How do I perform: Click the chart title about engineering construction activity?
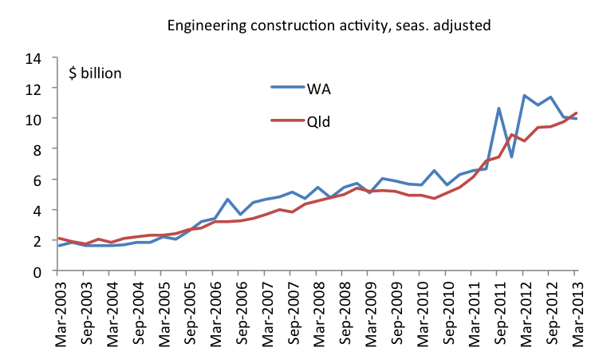point(329,25)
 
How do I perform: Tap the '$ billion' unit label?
point(96,73)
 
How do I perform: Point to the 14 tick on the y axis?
point(33,58)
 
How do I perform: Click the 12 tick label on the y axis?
point(33,89)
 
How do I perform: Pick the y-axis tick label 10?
point(33,119)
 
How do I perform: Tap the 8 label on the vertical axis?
point(37,149)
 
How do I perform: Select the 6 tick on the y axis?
point(37,180)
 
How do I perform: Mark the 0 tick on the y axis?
point(37,271)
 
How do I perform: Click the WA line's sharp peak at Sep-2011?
point(499,109)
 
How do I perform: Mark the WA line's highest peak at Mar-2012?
point(525,96)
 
